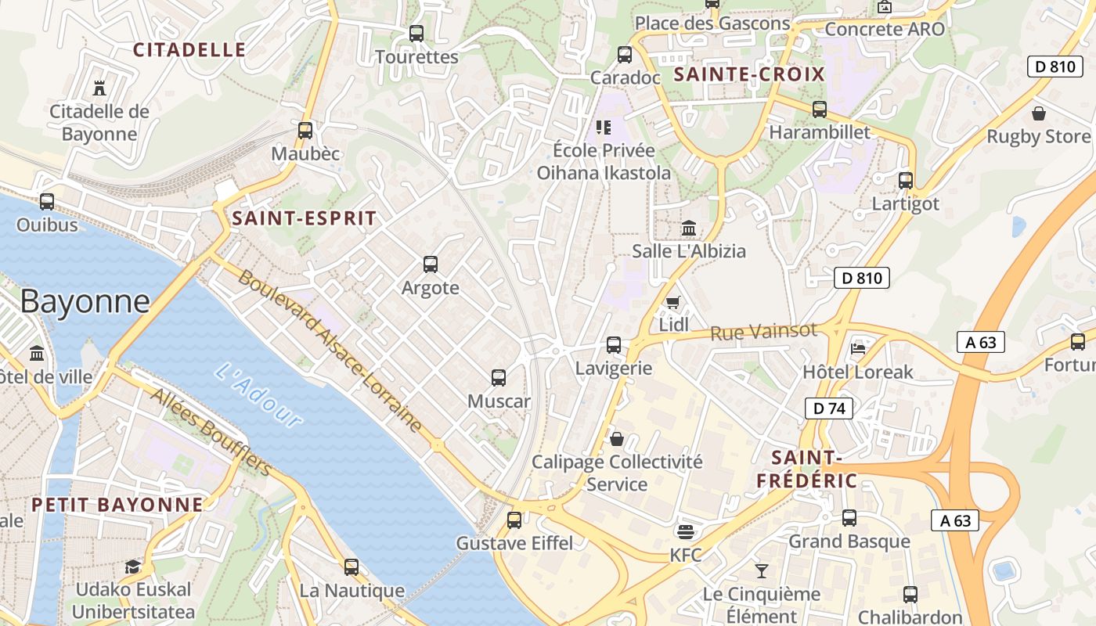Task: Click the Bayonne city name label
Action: pyautogui.click(x=85, y=301)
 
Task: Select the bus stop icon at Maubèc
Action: pyautogui.click(x=305, y=130)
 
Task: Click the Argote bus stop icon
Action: pyautogui.click(x=430, y=264)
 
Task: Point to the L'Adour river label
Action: pyautogui.click(x=258, y=395)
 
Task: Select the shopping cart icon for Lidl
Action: pyautogui.click(x=672, y=302)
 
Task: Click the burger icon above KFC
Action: pyautogui.click(x=686, y=532)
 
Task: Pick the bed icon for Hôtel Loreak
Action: pyautogui.click(x=858, y=347)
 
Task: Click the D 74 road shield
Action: pyautogui.click(x=829, y=408)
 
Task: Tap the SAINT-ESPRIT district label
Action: pyautogui.click(x=305, y=218)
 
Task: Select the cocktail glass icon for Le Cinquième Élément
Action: pyautogui.click(x=761, y=570)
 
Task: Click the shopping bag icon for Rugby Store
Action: pyautogui.click(x=1038, y=113)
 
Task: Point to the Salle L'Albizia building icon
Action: pyautogui.click(x=689, y=228)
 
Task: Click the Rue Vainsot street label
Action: pyautogui.click(x=763, y=332)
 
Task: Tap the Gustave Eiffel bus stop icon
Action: pyautogui.click(x=514, y=520)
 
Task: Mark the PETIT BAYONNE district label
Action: pyautogui.click(x=117, y=505)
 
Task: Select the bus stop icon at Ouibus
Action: pyautogui.click(x=47, y=202)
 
